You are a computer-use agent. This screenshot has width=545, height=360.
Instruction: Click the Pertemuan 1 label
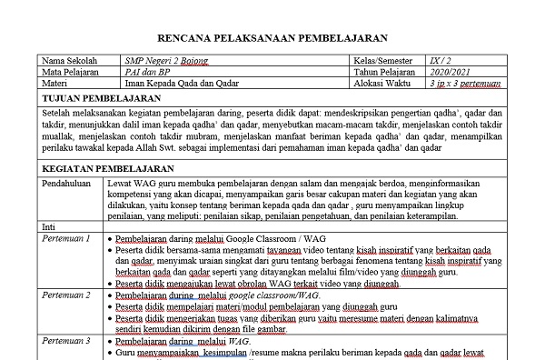[x=66, y=238]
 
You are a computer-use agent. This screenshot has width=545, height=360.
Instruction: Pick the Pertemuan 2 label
[x=66, y=295]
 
